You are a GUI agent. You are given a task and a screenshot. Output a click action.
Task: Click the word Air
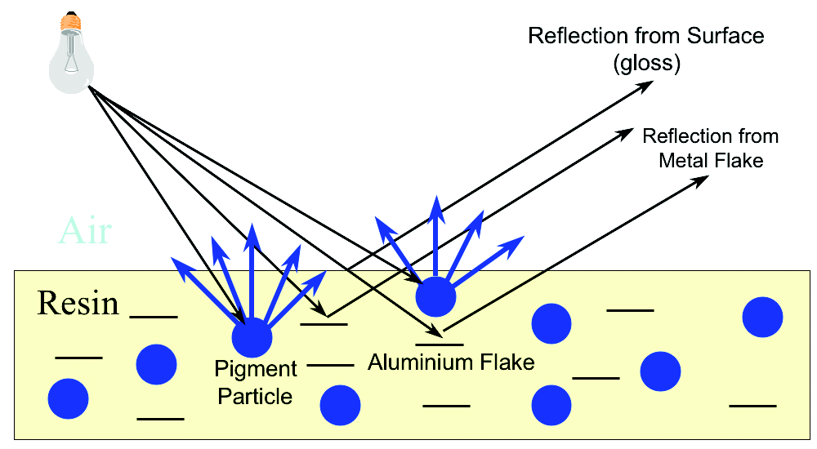(84, 232)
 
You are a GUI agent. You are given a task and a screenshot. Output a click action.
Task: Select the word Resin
(78, 304)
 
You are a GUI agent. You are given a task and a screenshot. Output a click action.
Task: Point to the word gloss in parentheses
(646, 63)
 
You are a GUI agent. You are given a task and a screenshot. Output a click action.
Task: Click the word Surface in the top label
(723, 36)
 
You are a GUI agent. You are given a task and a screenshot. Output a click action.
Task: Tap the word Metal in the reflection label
(686, 160)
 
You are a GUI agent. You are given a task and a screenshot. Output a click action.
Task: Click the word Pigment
(253, 369)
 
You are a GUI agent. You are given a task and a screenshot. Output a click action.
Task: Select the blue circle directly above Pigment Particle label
(252, 336)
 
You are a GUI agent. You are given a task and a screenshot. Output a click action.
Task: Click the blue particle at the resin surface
(435, 296)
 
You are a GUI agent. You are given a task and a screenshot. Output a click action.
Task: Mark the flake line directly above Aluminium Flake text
(440, 344)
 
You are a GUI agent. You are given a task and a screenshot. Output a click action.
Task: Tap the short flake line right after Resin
(154, 316)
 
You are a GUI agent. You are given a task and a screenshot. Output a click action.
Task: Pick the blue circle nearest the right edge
(761, 317)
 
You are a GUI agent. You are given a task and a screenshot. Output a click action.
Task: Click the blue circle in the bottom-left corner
(67, 398)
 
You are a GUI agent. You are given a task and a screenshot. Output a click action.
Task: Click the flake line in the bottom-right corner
(752, 405)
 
